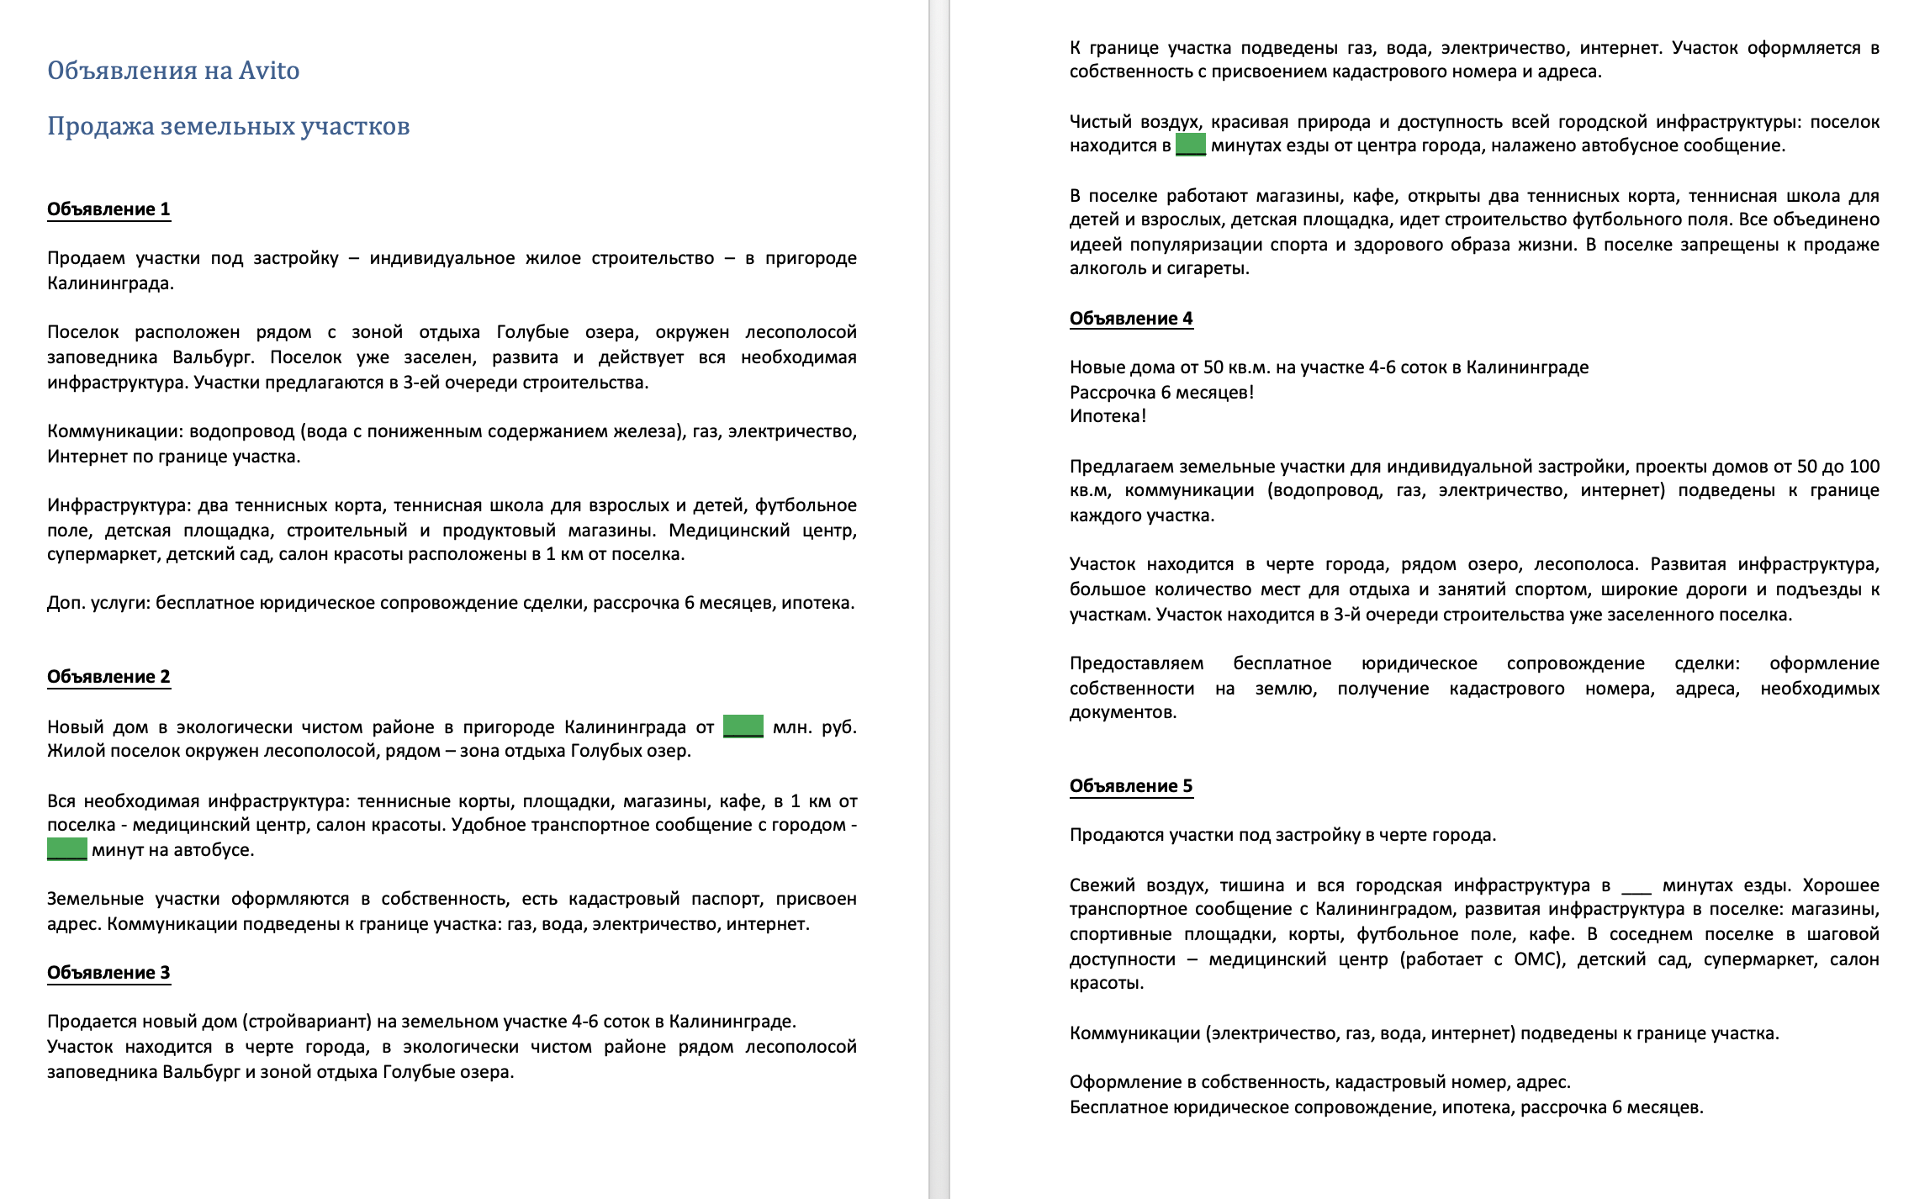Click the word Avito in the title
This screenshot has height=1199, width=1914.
click(268, 71)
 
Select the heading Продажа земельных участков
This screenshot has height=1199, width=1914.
click(228, 126)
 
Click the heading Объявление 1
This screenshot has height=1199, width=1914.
click(108, 209)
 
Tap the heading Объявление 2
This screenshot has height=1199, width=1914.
click(108, 677)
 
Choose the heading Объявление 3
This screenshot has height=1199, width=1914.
click(108, 973)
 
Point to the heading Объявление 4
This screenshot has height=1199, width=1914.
click(1131, 319)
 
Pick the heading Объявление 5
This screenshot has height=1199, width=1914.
click(1131, 786)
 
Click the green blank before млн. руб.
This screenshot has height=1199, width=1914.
click(743, 726)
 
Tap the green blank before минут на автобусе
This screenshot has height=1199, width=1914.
click(66, 849)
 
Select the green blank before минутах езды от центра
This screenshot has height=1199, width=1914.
click(1190, 145)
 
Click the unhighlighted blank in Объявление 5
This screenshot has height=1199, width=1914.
click(1636, 886)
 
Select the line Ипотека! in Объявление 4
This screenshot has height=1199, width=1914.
click(1108, 416)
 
